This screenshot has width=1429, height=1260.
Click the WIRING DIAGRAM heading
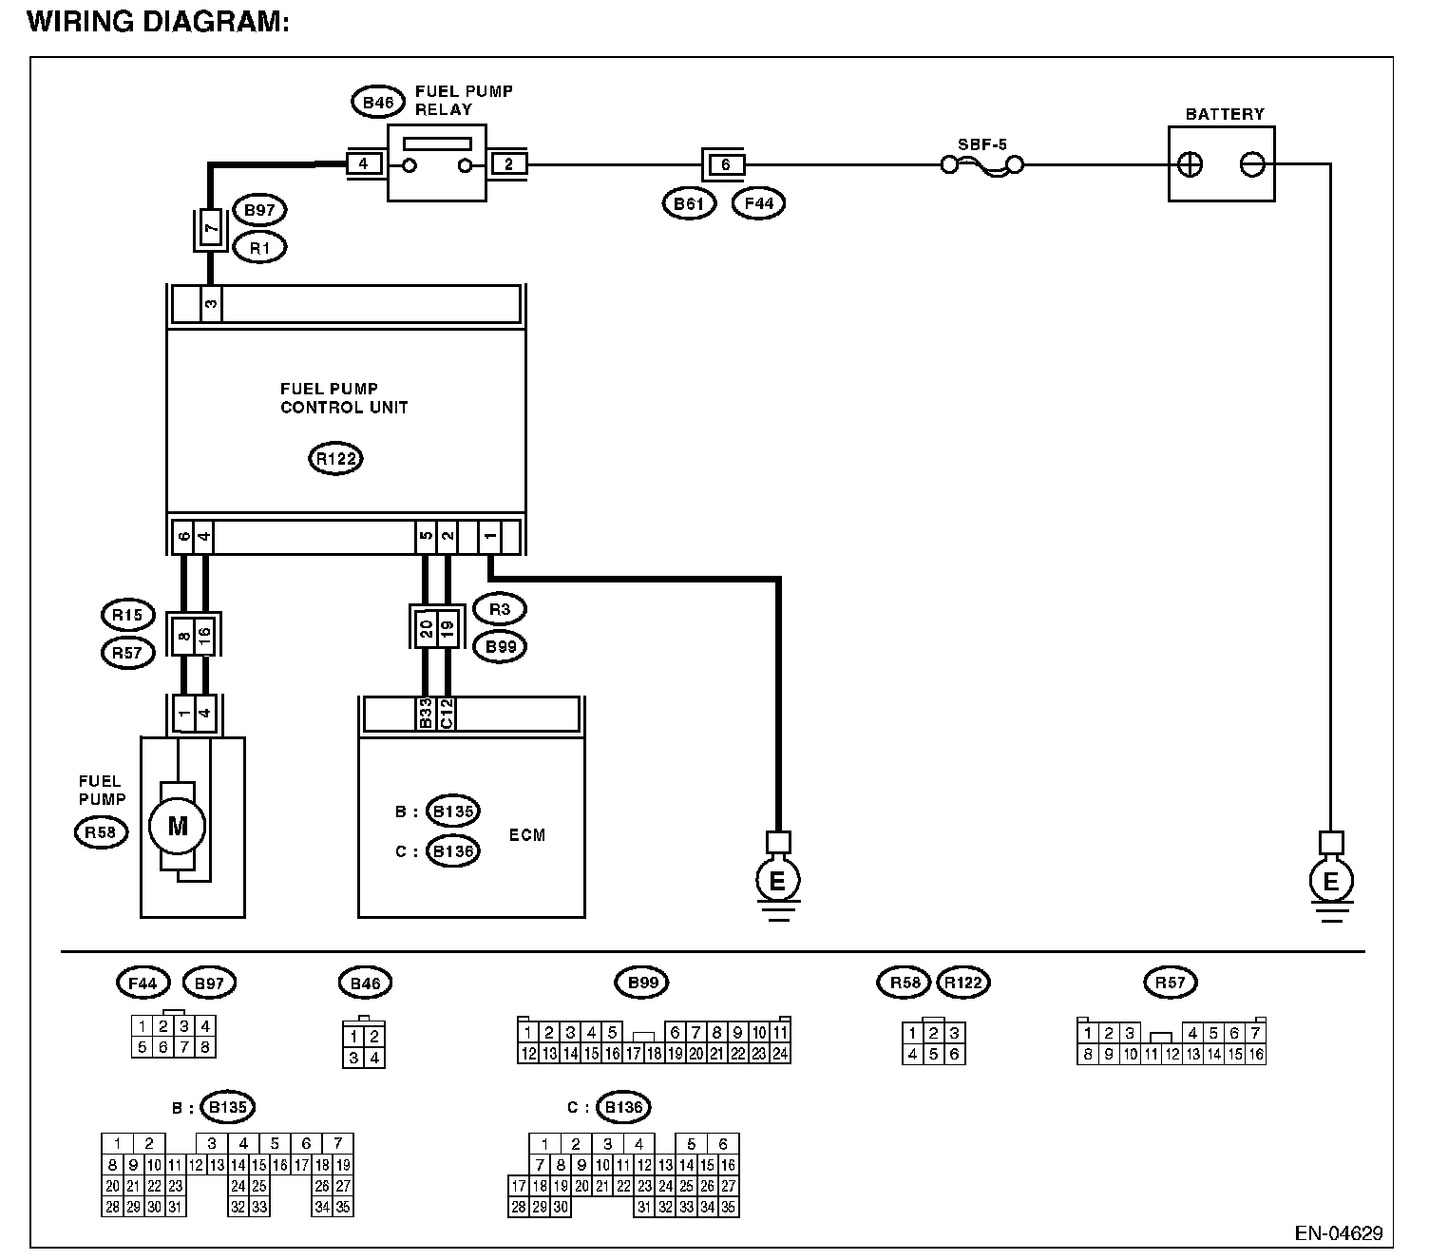click(158, 22)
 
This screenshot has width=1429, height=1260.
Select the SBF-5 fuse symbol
click(981, 165)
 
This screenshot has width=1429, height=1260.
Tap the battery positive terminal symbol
click(1190, 165)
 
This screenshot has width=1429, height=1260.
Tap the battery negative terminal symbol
click(1252, 165)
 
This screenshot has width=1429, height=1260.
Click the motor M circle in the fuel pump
click(178, 826)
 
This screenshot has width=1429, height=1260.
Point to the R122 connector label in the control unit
click(335, 459)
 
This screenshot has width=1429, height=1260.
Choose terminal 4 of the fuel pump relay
click(364, 164)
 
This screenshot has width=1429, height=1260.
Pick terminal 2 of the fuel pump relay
click(509, 164)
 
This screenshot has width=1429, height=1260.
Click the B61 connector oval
click(689, 202)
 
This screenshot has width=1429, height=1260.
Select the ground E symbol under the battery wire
click(1330, 883)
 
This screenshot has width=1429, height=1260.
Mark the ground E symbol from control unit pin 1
click(777, 883)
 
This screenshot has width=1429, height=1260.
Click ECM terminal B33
click(426, 714)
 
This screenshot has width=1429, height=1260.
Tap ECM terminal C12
click(447, 714)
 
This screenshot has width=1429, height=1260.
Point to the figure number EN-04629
click(1338, 1234)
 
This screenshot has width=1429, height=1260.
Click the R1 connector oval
click(259, 247)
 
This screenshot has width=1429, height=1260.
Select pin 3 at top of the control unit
click(211, 305)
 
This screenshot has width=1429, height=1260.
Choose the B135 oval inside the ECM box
click(452, 811)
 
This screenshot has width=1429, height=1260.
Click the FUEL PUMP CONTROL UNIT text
click(344, 398)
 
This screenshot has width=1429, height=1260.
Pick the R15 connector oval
click(126, 615)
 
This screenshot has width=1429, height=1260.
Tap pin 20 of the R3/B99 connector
click(426, 627)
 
